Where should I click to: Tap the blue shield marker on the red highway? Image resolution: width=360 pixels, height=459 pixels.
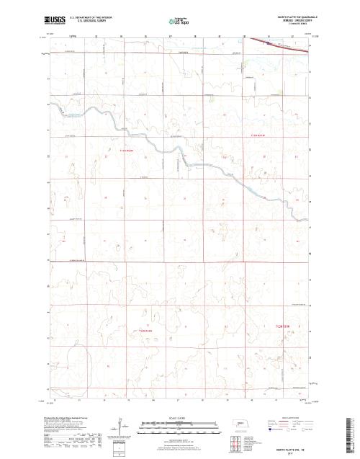268,43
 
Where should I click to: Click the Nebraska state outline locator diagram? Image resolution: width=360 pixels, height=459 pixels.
240,424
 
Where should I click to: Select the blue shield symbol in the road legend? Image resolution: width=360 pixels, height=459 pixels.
271,433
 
